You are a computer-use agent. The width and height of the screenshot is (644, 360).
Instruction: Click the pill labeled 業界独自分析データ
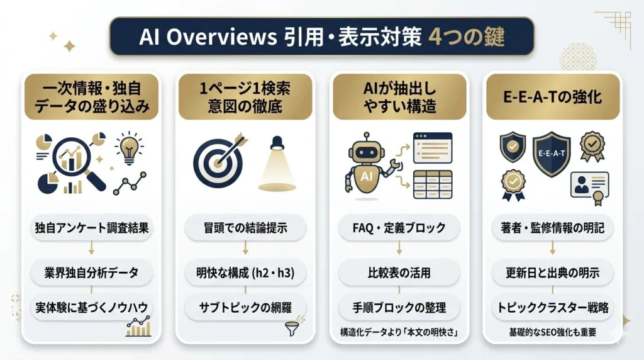(92, 273)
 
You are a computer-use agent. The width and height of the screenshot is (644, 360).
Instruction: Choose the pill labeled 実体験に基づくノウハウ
(92, 308)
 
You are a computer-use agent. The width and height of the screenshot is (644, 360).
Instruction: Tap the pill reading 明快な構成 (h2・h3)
(246, 273)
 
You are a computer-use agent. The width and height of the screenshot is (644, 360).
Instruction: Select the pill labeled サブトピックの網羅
(246, 308)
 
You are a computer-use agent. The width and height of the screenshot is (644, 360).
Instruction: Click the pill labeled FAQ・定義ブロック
(400, 228)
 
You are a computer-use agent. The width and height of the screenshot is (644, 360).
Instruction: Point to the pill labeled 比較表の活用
(400, 273)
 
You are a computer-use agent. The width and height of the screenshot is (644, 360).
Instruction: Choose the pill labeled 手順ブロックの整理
(400, 308)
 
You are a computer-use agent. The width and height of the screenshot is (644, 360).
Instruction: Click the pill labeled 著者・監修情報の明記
(553, 228)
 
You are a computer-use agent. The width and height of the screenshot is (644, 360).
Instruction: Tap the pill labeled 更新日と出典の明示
(553, 273)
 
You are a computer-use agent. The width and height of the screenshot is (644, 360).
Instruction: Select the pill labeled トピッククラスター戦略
(553, 308)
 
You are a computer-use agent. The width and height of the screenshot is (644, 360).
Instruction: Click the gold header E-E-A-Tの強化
(553, 98)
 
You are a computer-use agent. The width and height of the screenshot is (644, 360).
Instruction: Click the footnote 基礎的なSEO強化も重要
(553, 332)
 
